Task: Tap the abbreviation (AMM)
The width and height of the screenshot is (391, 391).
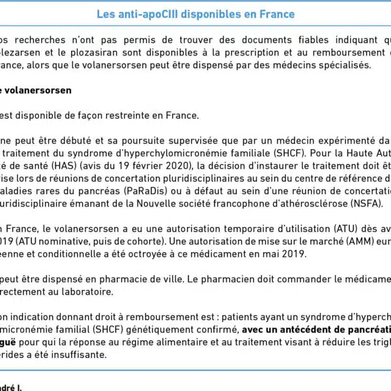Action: point(352,241)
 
